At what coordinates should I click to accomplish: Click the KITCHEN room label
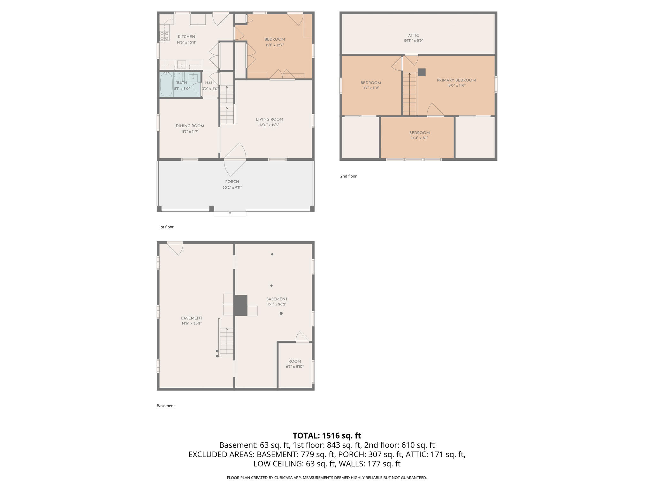point(186,37)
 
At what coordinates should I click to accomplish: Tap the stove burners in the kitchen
point(164,36)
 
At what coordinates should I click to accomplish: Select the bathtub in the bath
point(166,84)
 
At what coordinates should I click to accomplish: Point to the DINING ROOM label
point(190,126)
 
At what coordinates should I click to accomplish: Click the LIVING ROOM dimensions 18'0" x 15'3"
point(269,125)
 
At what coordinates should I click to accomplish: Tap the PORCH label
point(232,182)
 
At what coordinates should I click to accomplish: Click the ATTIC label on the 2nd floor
point(413,35)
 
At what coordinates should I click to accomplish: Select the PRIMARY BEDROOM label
point(456,80)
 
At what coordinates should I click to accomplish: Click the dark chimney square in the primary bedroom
point(422,72)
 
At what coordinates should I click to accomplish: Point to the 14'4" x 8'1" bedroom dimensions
point(419,138)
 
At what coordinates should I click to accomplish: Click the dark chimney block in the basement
point(241,305)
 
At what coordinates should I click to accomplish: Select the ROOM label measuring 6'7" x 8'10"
point(294,362)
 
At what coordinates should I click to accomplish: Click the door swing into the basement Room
point(302,337)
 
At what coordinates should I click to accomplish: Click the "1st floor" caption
point(166,227)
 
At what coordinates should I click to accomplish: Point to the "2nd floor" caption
point(348,176)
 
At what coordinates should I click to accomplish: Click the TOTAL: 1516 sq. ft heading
point(327,435)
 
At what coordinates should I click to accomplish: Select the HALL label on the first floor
point(210,83)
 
